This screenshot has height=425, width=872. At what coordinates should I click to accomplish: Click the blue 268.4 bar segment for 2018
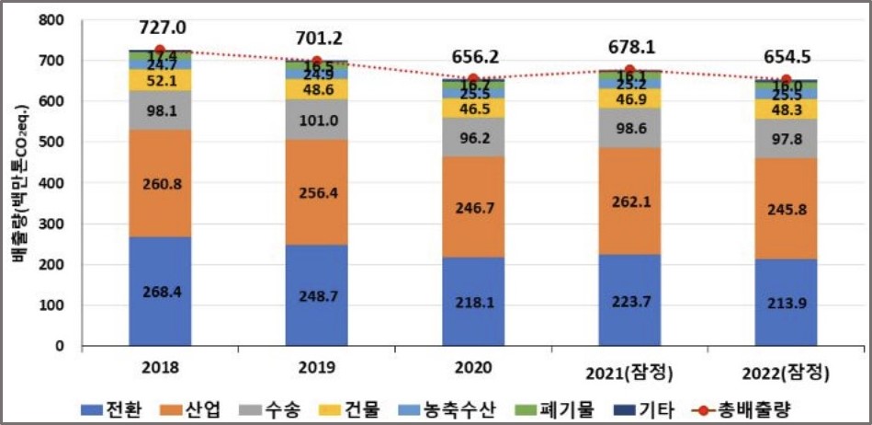pos(160,291)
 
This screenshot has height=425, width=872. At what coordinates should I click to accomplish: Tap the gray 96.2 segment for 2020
pos(473,137)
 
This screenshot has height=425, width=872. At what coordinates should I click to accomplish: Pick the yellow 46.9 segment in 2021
pos(629,98)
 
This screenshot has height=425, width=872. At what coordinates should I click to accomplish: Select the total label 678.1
pos(630,46)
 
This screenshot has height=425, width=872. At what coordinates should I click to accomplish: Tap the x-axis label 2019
pos(317,368)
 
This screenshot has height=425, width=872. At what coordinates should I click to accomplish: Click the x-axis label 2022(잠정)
pos(787,373)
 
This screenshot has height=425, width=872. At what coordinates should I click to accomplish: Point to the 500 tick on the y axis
pos(58,143)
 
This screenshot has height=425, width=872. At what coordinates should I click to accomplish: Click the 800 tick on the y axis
pos(58,20)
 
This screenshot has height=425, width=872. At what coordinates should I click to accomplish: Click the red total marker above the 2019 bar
pos(316,62)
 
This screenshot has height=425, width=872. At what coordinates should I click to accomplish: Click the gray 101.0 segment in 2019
pos(316,120)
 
